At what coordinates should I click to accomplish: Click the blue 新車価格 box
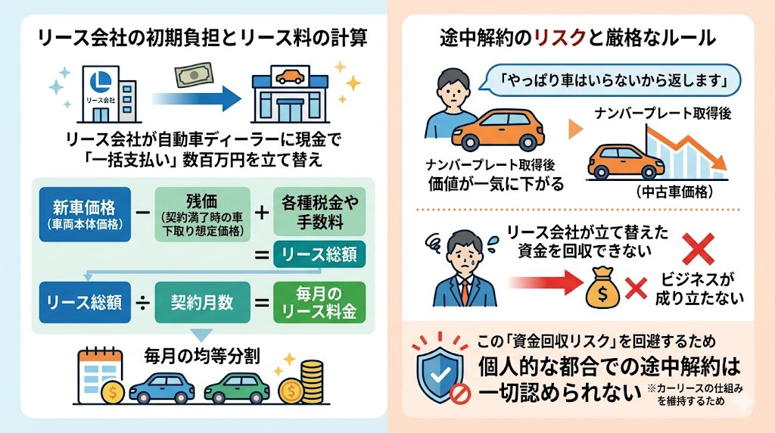[85, 213]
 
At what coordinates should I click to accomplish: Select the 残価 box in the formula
[203, 213]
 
